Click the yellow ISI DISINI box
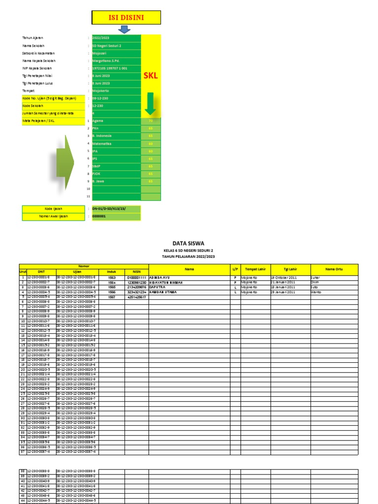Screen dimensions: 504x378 126,18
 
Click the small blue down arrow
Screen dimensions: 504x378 125,30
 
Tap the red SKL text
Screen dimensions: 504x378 151,76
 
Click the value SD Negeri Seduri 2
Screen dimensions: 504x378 107,45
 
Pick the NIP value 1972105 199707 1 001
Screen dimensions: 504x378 110,68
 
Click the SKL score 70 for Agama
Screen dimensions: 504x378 151,121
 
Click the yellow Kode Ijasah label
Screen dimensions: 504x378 54,209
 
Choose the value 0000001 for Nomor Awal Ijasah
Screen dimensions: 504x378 99,216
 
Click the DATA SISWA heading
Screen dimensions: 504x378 188,243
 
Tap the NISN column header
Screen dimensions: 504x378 136,272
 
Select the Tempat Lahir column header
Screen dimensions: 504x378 255,269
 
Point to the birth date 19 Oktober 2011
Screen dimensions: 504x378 284,278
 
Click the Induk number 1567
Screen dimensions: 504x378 112,297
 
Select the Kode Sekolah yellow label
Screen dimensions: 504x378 33,106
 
